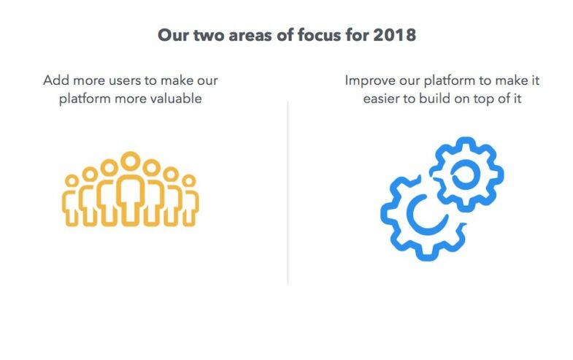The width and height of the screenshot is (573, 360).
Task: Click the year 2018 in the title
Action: tap(394, 35)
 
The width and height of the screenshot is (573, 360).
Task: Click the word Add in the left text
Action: tap(57, 80)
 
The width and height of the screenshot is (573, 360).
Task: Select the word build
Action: tap(435, 99)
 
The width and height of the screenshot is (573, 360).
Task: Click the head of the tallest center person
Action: tap(131, 161)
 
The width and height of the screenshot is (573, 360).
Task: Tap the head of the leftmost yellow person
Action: tap(72, 180)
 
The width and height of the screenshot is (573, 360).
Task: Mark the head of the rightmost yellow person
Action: tap(189, 180)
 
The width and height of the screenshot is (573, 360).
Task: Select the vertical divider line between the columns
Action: tap(288, 193)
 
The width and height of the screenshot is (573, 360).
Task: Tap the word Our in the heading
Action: tap(173, 35)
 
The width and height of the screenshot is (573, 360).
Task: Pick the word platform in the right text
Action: tap(450, 81)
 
